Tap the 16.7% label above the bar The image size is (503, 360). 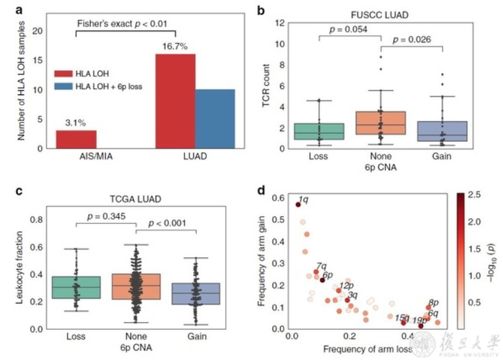click(176, 47)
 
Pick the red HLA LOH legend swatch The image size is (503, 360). click(64, 73)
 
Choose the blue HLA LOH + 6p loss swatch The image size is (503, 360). click(64, 86)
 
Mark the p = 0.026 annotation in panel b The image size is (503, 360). click(415, 40)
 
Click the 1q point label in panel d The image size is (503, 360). click(303, 200)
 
